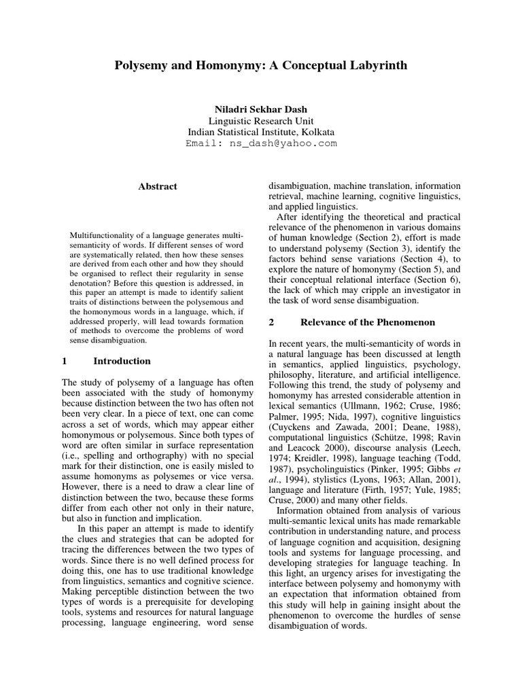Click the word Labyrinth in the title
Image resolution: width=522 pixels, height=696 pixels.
click(372, 67)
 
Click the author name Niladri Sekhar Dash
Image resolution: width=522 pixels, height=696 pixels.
click(260, 108)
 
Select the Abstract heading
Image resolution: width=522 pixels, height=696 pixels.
click(157, 186)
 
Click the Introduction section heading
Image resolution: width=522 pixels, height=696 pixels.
click(122, 361)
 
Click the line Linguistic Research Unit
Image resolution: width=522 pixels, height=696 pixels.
click(260, 120)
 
